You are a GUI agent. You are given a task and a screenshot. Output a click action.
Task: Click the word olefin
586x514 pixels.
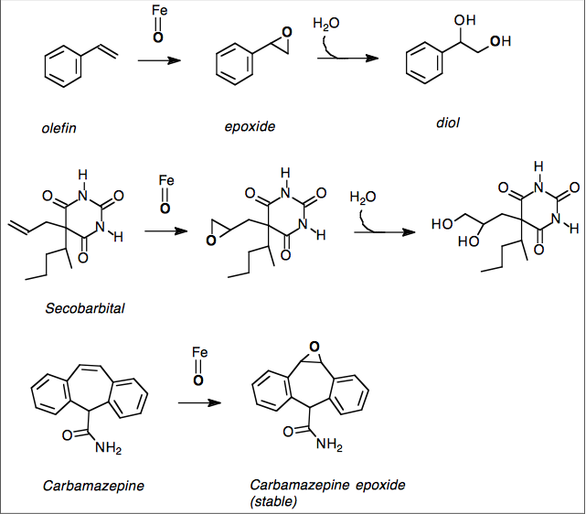(x=59, y=128)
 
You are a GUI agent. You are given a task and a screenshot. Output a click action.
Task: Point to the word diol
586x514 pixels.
(x=447, y=123)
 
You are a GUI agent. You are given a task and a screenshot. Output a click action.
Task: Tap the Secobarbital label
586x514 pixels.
(x=85, y=308)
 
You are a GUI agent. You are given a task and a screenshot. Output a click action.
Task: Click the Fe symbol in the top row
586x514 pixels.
(x=159, y=13)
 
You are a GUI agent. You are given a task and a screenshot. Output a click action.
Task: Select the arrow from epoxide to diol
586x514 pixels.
(x=348, y=59)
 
